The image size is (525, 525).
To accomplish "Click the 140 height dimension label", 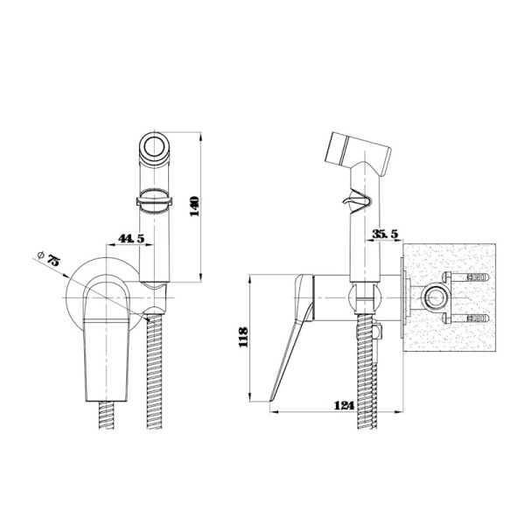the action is click(194, 206).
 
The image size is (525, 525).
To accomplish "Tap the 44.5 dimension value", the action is click(131, 238).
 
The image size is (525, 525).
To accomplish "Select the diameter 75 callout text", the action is click(49, 258).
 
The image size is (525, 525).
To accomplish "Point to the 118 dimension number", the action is click(243, 337).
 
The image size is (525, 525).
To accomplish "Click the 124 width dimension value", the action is click(344, 405).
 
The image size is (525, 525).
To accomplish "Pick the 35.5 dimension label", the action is click(386, 234).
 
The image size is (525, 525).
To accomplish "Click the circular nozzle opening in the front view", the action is click(155, 145).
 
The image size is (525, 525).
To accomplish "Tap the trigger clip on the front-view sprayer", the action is click(154, 201).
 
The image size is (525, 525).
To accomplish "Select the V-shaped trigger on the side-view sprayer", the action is click(358, 202).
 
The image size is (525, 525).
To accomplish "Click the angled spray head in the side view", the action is click(358, 154).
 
